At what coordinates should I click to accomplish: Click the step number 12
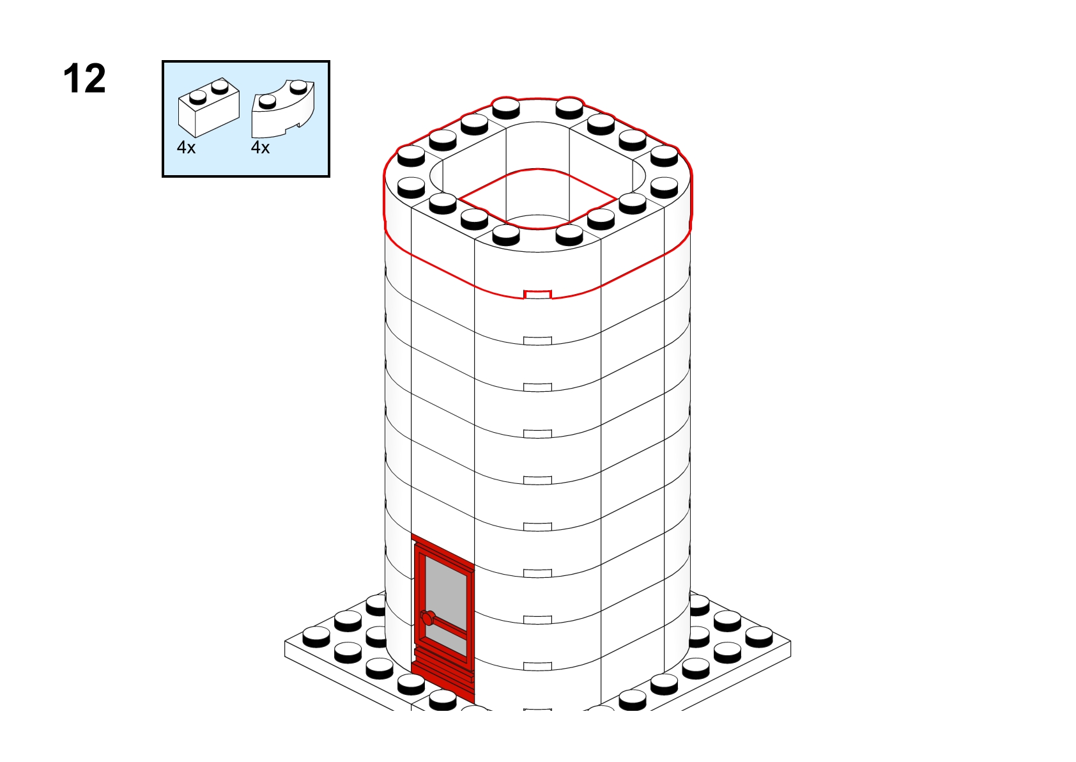coord(84,79)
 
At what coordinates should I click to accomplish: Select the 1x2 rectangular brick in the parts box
coord(208,107)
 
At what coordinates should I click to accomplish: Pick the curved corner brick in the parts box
coord(283,109)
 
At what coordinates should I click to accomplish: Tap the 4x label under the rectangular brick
coord(187,148)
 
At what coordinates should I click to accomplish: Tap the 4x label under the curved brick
coord(260,148)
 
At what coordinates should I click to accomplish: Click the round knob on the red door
coord(427,618)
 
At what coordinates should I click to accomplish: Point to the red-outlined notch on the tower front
coord(537,295)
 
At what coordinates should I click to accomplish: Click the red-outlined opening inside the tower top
coord(537,199)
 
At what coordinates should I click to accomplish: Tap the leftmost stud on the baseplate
coord(316,637)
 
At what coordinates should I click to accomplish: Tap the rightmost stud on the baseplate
coord(759,637)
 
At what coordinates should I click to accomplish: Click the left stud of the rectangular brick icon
coord(198,97)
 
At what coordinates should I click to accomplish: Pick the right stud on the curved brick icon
coord(299,86)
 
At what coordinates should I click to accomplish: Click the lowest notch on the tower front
coord(537,666)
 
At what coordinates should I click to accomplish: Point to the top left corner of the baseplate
coord(286,641)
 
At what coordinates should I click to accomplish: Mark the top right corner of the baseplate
coord(790,641)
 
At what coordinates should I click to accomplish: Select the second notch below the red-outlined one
coord(537,387)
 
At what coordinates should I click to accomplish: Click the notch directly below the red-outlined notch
coord(537,341)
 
